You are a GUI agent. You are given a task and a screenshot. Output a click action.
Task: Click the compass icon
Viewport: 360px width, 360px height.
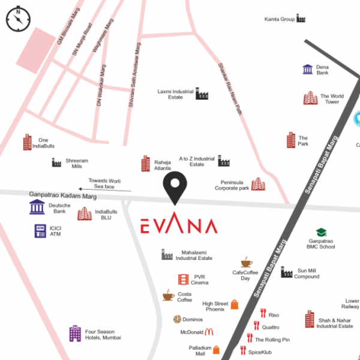19,19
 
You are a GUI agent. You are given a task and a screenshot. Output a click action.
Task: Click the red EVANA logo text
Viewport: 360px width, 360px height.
178,226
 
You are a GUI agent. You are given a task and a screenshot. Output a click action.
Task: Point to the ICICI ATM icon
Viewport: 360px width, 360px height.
40,230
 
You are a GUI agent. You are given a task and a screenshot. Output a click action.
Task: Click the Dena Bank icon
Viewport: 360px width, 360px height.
307,69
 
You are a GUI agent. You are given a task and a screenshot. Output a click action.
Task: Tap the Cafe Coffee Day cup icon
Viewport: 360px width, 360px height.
247,262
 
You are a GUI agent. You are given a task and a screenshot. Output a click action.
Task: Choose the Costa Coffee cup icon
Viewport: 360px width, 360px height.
168,295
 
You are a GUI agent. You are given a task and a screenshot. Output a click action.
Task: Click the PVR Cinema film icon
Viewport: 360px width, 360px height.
184,279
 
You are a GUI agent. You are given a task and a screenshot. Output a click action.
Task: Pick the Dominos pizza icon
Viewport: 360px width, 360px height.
177,319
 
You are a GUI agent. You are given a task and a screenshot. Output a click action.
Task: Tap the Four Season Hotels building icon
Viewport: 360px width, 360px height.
75,334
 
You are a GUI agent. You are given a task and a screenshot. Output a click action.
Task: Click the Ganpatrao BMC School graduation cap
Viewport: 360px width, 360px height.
321,232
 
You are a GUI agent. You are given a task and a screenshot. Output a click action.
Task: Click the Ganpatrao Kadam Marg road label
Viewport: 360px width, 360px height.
62,196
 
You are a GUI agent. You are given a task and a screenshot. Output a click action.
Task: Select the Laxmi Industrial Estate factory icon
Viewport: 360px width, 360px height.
201,94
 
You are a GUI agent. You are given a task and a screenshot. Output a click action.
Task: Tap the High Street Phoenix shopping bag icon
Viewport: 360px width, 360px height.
234,304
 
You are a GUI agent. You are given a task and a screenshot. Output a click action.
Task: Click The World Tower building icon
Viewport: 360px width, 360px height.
310,98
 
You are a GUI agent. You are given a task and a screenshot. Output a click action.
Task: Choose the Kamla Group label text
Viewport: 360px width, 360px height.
279,19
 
